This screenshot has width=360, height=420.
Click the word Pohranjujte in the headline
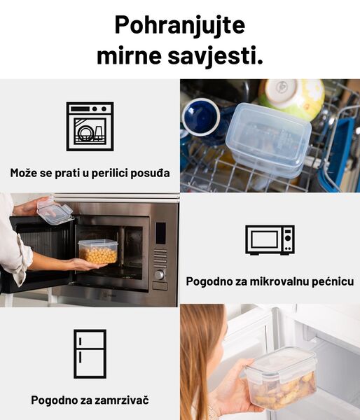[179, 26]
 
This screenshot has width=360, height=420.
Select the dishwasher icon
[90, 126]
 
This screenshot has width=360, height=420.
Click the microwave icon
[270, 239]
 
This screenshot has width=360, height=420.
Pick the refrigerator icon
[90, 353]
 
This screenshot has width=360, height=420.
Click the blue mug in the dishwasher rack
[200, 117]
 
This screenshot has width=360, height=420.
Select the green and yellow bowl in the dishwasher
[292, 97]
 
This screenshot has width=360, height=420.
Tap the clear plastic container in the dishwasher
[268, 139]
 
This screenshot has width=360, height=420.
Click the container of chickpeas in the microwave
[98, 251]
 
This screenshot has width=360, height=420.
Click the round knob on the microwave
[159, 275]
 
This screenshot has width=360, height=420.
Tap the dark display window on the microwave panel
[160, 233]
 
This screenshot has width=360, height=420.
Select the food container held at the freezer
[281, 378]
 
